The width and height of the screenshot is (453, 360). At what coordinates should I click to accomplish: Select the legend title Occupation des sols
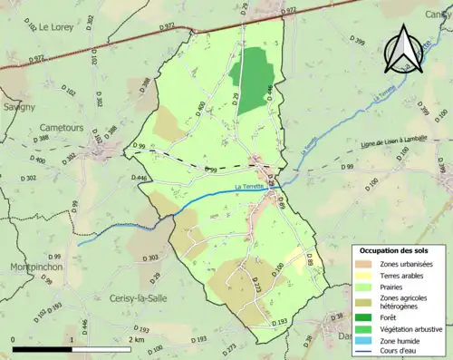click(397, 249)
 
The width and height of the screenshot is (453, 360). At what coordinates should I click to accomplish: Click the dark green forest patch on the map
click(251, 68)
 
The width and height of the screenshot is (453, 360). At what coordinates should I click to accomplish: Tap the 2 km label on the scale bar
click(135, 339)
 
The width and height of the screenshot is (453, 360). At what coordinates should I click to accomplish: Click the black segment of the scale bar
click(43, 349)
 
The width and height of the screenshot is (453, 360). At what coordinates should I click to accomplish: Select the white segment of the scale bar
click(101, 349)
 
